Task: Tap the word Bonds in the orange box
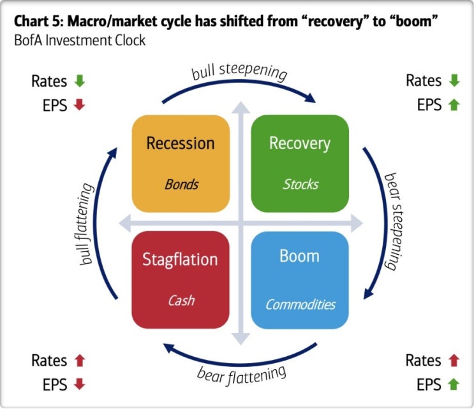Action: tap(181, 185)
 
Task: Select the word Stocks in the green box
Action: tap(300, 185)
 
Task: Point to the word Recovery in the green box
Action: tap(300, 143)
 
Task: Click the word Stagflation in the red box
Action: tap(179, 260)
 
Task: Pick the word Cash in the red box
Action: tap(181, 301)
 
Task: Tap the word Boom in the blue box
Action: tap(299, 256)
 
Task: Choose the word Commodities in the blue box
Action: tap(300, 304)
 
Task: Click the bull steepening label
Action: tap(239, 71)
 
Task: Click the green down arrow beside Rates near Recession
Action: tap(80, 82)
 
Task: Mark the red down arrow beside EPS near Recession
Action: tap(80, 105)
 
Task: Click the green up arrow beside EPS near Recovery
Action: tap(454, 105)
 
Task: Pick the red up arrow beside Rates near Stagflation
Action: tap(80, 361)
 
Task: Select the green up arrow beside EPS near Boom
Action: tap(454, 384)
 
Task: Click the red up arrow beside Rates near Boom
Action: tap(454, 361)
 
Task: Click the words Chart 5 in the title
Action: tap(35, 22)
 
